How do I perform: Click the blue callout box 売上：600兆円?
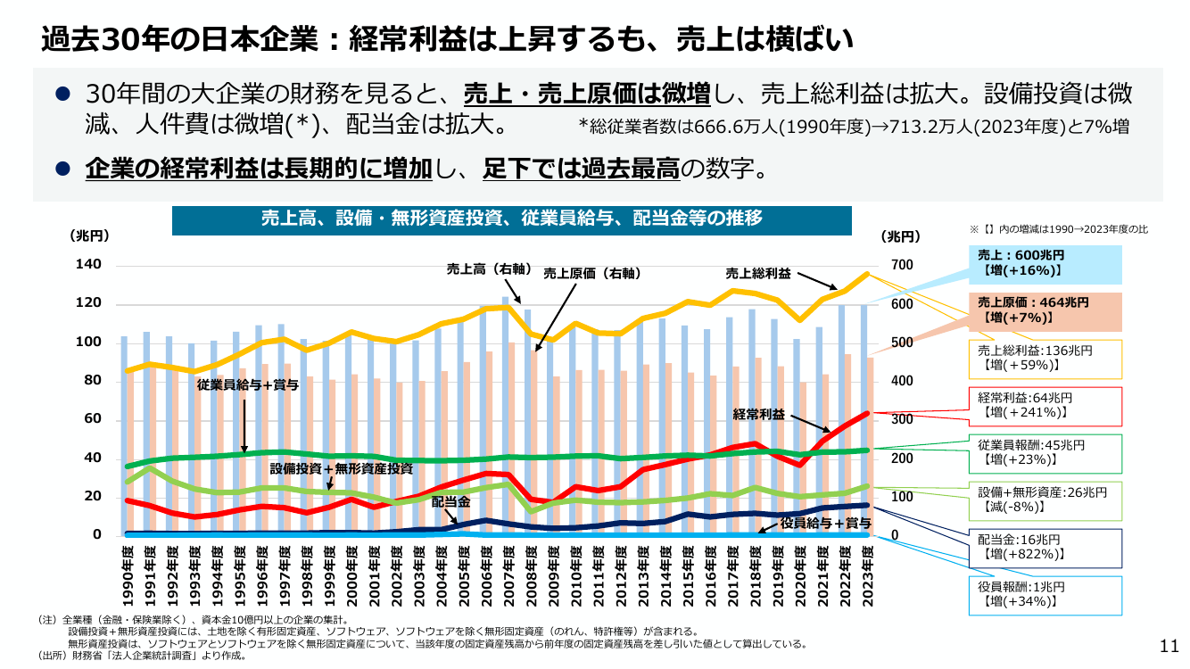(x=1045, y=265)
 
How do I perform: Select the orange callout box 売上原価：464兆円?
(x=1045, y=312)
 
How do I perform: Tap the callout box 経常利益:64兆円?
(x=1045, y=407)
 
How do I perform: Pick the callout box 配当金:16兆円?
(x=1045, y=549)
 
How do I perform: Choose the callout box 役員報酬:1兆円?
(x=1045, y=596)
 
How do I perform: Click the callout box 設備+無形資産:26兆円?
(x=1045, y=501)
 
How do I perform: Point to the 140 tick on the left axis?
(x=88, y=265)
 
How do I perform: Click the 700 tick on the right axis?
(x=902, y=265)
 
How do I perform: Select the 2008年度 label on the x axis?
(x=532, y=576)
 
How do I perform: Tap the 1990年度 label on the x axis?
(x=128, y=576)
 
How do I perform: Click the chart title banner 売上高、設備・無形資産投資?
(x=512, y=220)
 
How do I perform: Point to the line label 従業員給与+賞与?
(x=248, y=384)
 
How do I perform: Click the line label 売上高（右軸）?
(x=489, y=269)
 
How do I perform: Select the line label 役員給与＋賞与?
(x=825, y=524)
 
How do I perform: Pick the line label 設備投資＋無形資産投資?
(x=341, y=468)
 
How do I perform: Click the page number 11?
(x=1169, y=646)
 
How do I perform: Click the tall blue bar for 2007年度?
(x=506, y=416)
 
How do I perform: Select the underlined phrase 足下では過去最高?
(x=582, y=169)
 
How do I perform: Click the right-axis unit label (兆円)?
(x=900, y=236)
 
